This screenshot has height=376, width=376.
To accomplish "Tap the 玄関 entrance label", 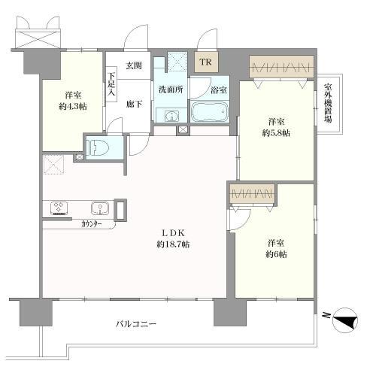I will (133, 66).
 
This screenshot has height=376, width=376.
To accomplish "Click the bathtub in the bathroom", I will (211, 113).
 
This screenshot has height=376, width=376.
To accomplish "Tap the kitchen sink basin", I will (99, 208).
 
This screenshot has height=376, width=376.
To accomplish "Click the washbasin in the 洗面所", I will (170, 116).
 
